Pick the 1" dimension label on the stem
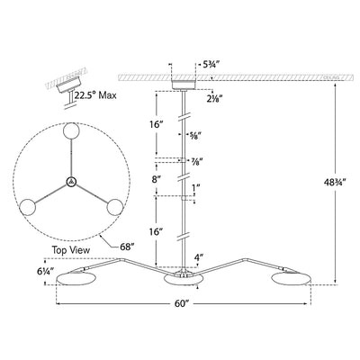click(195, 189)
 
